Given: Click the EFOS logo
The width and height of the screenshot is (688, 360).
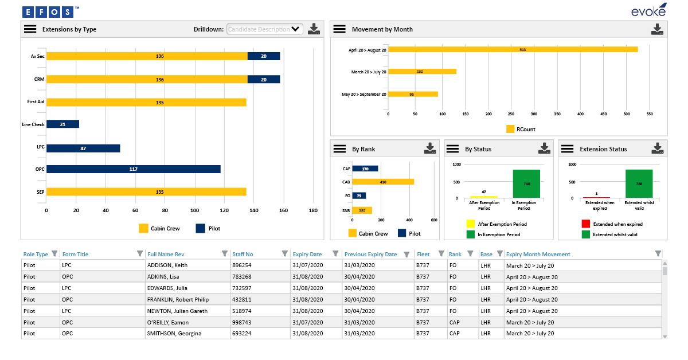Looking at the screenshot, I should (49, 11).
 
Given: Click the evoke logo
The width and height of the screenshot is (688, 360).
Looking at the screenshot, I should (648, 10).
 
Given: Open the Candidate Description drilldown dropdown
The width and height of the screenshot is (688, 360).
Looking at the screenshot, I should (265, 29).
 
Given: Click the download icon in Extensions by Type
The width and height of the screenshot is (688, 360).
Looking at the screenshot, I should (314, 29).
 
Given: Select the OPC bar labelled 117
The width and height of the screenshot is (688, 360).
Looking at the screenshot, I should (133, 169).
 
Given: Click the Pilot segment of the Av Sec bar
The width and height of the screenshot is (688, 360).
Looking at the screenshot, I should (264, 56).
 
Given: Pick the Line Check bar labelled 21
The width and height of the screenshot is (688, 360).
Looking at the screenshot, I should (62, 124).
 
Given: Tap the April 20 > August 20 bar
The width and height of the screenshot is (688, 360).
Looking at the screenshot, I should (513, 49).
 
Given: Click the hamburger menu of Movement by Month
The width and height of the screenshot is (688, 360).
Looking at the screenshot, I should (339, 29).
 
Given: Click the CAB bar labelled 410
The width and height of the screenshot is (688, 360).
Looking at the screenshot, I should (382, 182).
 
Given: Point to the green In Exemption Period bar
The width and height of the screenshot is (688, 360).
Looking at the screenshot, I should (526, 183).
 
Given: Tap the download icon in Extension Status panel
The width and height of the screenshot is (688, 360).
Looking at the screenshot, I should (658, 148).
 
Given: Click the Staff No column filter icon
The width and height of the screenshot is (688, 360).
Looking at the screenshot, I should (284, 254).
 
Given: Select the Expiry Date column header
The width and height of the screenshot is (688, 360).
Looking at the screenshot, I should (307, 254).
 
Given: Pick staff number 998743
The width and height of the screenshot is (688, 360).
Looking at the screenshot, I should (242, 322).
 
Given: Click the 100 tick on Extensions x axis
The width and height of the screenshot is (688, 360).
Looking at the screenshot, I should (195, 210).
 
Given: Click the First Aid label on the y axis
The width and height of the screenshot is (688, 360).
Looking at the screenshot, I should (36, 101).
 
